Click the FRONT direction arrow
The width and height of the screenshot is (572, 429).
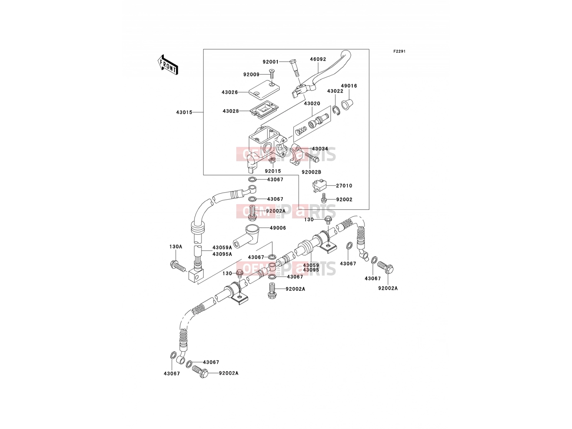[x=168, y=65]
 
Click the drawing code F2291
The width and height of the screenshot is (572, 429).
[x=399, y=51]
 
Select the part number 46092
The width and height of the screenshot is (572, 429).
[x=318, y=59]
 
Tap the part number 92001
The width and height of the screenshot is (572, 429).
[x=271, y=62]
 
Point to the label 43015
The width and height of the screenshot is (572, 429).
[x=184, y=112]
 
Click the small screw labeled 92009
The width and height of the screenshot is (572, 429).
[x=272, y=74]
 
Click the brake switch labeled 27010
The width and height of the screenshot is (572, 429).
[x=319, y=185]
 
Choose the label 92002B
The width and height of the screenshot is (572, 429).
[x=311, y=172]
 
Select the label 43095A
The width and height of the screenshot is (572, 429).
[x=222, y=254]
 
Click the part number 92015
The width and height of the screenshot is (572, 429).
[x=273, y=171]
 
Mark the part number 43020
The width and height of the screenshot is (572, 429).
[x=312, y=103]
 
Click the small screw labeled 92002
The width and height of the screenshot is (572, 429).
[x=324, y=198]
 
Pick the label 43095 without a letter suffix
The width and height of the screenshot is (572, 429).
[x=311, y=270]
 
